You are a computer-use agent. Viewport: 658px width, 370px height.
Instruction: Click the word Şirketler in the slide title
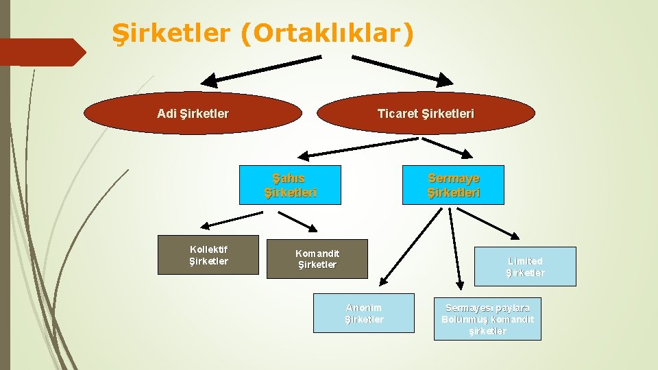tap(172, 34)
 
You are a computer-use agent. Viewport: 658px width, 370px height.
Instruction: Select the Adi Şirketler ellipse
tap(193, 113)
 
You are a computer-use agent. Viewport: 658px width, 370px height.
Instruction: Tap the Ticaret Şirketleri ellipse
tap(425, 113)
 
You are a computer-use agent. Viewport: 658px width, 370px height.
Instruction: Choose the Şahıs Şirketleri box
tap(290, 185)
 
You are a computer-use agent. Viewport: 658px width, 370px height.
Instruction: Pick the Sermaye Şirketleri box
tap(453, 185)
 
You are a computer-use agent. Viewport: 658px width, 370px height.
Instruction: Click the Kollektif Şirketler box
tap(208, 255)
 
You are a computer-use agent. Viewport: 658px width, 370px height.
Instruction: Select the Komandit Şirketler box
tap(317, 258)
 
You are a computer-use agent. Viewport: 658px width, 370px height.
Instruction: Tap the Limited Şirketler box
tap(525, 267)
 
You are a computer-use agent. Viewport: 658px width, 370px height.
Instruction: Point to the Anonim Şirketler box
tap(364, 313)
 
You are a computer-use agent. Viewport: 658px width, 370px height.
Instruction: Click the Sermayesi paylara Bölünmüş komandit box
tap(487, 319)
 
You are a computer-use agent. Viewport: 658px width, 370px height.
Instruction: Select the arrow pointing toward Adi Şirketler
tap(260, 67)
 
